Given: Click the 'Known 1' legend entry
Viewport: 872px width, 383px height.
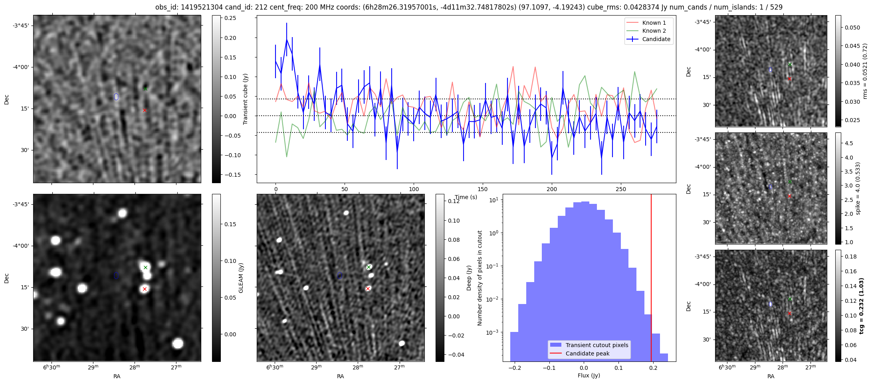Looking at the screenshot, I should tap(654, 23).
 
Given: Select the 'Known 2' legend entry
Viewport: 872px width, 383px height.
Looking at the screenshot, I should tap(654, 31).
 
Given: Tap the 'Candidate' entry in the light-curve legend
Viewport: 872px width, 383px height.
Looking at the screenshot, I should tap(656, 39).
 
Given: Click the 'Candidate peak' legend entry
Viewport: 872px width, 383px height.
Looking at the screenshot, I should tap(587, 353).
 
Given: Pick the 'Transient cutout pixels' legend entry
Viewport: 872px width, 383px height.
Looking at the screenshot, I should tap(597, 345).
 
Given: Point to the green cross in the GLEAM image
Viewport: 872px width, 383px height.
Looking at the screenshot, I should tap(145, 267).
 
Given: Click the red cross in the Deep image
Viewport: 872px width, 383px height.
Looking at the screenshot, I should tap(368, 288).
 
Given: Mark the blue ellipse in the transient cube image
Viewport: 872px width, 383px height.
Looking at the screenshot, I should tap(116, 97).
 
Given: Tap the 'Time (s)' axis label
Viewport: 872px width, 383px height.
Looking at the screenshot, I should tap(466, 197).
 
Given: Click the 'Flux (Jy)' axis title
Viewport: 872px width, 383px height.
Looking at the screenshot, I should tap(589, 375).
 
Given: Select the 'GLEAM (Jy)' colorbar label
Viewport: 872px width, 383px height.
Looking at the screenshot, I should tap(241, 278).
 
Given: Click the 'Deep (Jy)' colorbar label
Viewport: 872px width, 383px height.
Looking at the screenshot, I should tap(469, 278).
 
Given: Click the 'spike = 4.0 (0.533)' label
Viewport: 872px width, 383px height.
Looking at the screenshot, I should tap(857, 188).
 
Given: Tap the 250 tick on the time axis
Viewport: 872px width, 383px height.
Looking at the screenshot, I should tap(621, 189).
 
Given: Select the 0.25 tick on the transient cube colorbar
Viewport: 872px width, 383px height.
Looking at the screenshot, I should tap(230, 18).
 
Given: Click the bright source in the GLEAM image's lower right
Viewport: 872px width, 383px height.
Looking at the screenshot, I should tap(178, 343).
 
